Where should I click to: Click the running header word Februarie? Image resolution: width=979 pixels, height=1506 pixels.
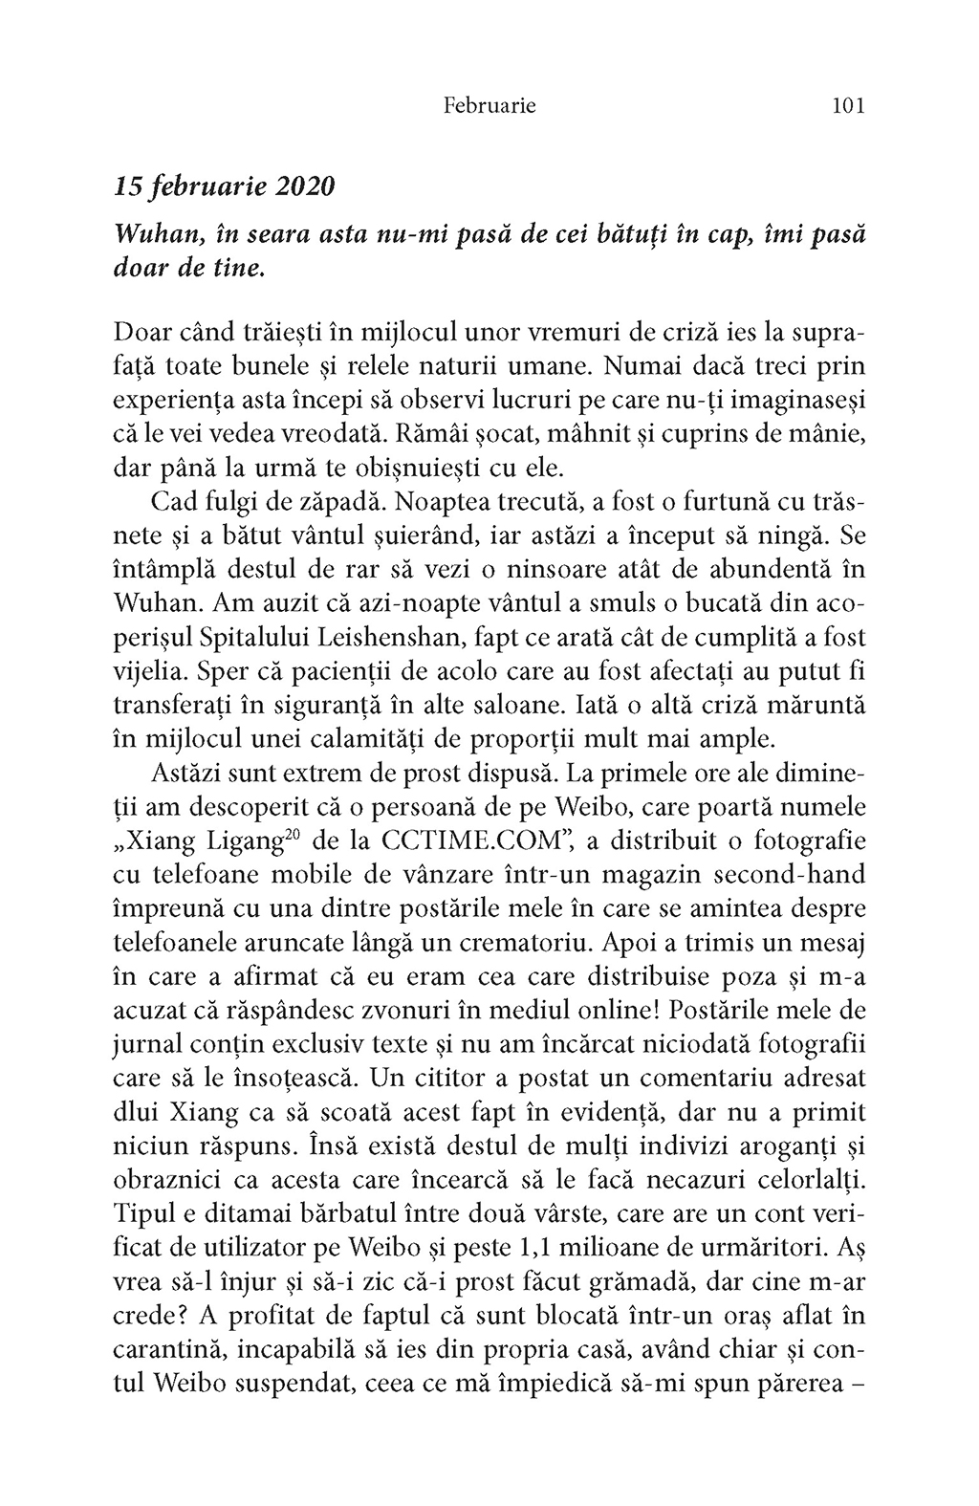[x=489, y=105]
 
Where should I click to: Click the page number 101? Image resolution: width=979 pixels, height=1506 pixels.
[x=848, y=105]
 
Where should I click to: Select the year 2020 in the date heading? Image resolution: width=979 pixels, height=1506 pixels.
[x=305, y=186]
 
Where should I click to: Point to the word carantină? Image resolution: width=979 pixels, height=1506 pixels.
[x=166, y=1348]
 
